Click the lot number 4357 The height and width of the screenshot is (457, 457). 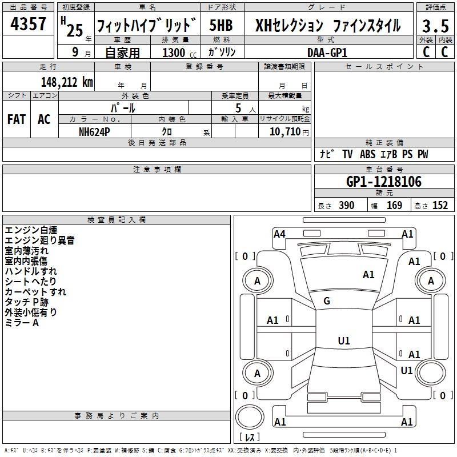point(29,25)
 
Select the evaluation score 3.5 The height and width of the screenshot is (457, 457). point(435,26)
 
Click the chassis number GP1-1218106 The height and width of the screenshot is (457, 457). point(384,182)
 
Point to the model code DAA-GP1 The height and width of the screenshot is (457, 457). point(327,52)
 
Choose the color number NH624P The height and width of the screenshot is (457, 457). point(95,131)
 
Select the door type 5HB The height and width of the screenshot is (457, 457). point(221,26)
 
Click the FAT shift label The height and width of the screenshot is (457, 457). point(16,119)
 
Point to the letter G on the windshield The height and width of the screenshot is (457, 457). point(327,301)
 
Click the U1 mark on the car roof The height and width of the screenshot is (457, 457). point(343,341)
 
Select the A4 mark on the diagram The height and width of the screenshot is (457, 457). point(279,234)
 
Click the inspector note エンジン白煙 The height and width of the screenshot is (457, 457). point(31,230)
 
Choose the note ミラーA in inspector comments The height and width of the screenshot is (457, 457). point(22,323)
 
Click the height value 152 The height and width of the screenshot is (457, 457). point(440,206)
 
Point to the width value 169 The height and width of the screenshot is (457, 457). point(394,206)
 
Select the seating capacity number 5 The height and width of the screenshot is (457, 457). point(237,108)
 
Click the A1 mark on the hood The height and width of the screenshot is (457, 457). point(368,275)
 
